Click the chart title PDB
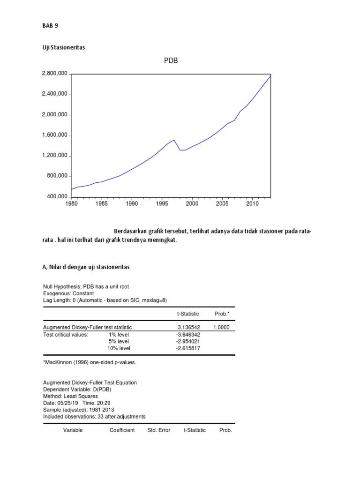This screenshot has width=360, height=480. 171,61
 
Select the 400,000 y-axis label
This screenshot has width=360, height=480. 56,197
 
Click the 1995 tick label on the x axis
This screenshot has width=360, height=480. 162,204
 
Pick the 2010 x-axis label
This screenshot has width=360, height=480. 253,204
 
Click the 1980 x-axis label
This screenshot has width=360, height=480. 71,204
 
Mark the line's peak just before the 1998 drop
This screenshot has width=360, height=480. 174,140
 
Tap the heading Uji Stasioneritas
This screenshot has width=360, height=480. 63,47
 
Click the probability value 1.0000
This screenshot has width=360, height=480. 222,327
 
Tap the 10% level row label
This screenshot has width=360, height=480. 119,349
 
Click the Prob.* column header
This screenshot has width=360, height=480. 222,314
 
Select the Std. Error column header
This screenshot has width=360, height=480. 159,430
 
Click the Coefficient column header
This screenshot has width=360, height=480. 122,430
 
